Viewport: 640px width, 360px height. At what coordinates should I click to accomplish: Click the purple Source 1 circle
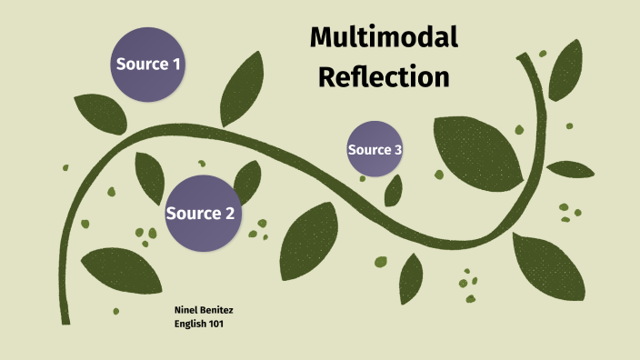point(148,63)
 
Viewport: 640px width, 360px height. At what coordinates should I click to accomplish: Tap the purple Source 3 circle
point(375,149)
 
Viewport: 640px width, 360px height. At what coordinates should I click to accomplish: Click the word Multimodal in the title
point(383,37)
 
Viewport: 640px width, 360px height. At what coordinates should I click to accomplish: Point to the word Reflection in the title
point(384,77)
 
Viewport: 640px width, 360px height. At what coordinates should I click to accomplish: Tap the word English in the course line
point(190,324)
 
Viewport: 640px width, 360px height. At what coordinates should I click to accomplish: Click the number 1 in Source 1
point(176,64)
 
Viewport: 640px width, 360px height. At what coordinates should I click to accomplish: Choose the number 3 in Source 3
point(397,150)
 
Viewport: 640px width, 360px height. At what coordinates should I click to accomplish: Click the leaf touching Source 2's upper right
point(247,178)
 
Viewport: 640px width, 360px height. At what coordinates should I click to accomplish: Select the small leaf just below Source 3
point(393,189)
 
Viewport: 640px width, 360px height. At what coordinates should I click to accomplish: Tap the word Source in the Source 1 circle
point(141,64)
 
